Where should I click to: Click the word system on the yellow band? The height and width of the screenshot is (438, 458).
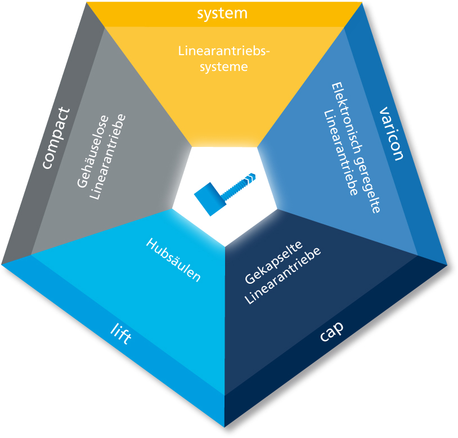click(222, 14)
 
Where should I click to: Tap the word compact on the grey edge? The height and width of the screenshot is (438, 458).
click(56, 138)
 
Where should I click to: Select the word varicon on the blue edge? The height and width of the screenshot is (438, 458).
click(392, 133)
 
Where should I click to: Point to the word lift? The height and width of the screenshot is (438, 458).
click(121, 334)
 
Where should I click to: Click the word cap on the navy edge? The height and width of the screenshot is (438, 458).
click(331, 332)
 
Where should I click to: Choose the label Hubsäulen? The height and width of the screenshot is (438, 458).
click(173, 260)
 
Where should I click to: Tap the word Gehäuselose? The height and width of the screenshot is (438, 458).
click(93, 151)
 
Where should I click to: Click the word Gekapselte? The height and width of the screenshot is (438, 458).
click(273, 262)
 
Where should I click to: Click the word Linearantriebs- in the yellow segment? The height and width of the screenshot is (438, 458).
click(224, 51)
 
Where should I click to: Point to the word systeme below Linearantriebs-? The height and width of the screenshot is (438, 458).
click(224, 67)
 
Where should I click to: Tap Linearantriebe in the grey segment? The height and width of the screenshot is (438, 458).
click(107, 157)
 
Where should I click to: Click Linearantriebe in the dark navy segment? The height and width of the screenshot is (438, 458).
click(283, 276)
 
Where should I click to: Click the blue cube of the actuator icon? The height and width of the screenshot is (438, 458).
click(209, 199)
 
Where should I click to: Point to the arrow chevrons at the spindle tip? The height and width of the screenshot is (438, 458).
click(251, 177)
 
